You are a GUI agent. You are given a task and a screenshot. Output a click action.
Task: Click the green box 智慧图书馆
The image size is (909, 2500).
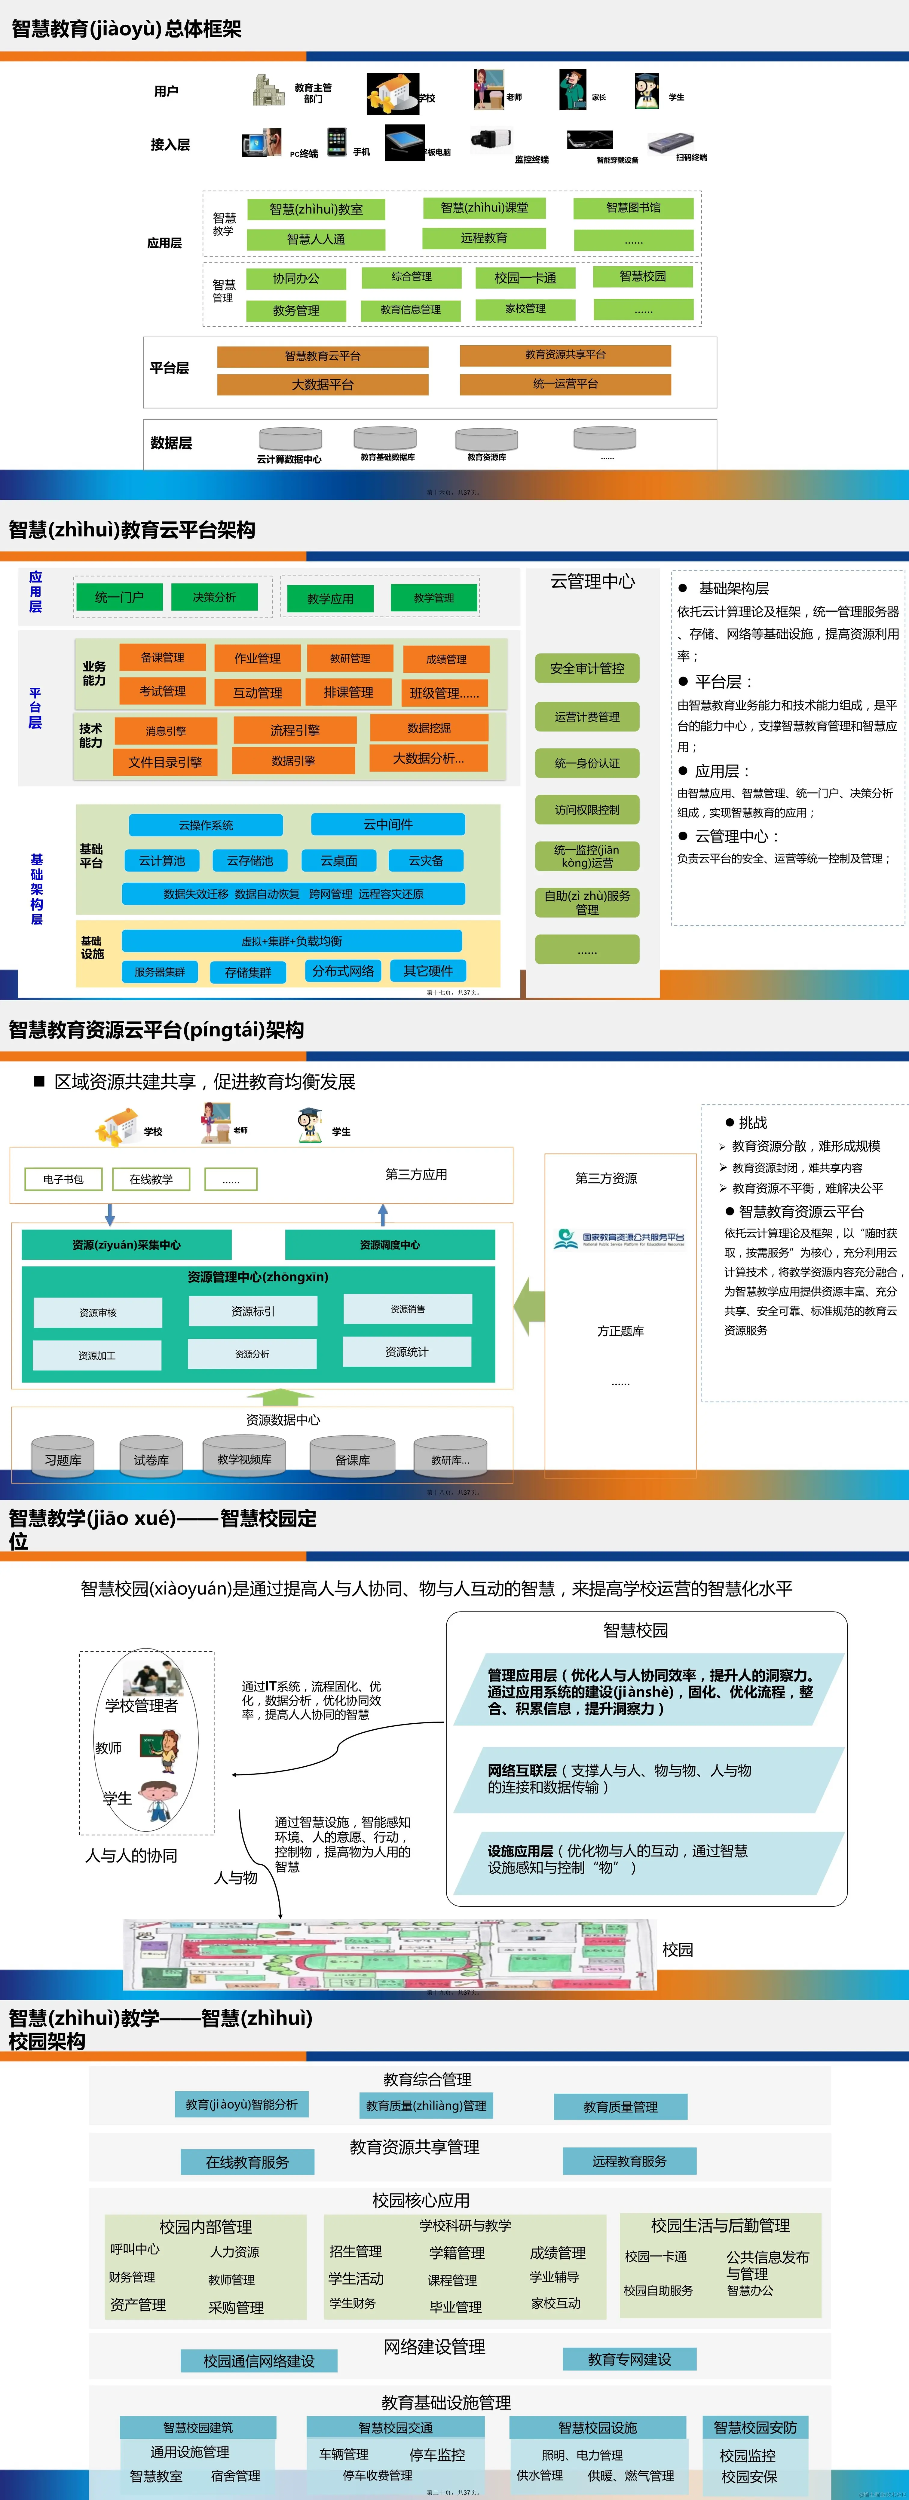(633, 208)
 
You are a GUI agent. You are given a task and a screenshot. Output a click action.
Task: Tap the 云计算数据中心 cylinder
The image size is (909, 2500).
(290, 440)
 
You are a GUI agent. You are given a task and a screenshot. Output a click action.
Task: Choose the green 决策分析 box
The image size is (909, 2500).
(214, 597)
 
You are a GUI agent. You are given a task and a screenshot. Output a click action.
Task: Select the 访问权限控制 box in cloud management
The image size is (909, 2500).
(587, 809)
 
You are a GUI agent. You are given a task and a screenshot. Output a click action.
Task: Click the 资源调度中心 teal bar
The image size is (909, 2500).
(390, 1244)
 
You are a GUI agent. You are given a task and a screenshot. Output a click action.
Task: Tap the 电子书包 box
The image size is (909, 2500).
(63, 1179)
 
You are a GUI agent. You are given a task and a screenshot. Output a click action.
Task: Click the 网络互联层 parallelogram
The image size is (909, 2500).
(640, 1778)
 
